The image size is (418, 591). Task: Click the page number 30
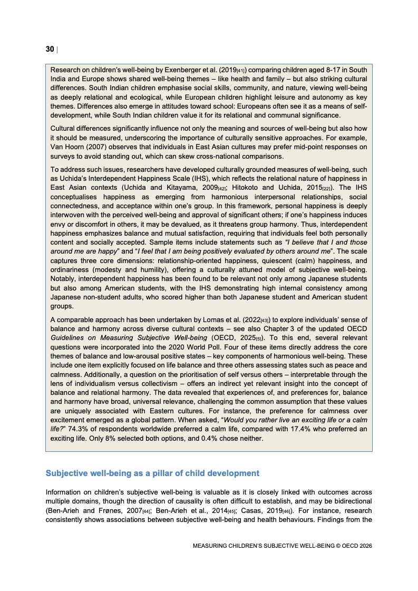[50, 49]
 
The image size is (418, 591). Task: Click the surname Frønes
[116, 511]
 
